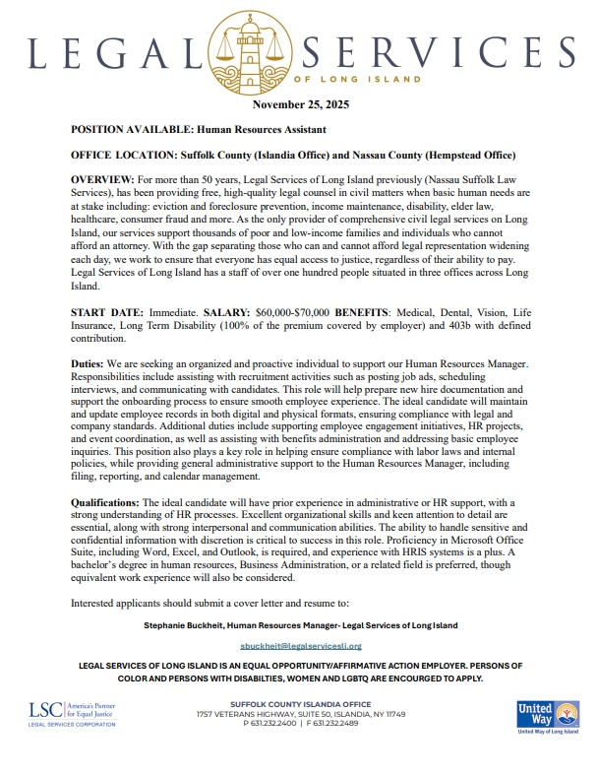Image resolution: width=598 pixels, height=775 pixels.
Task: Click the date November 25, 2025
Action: (300, 104)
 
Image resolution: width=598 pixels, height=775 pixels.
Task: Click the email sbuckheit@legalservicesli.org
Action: (301, 646)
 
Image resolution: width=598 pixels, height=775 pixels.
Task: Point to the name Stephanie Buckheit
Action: (183, 624)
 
